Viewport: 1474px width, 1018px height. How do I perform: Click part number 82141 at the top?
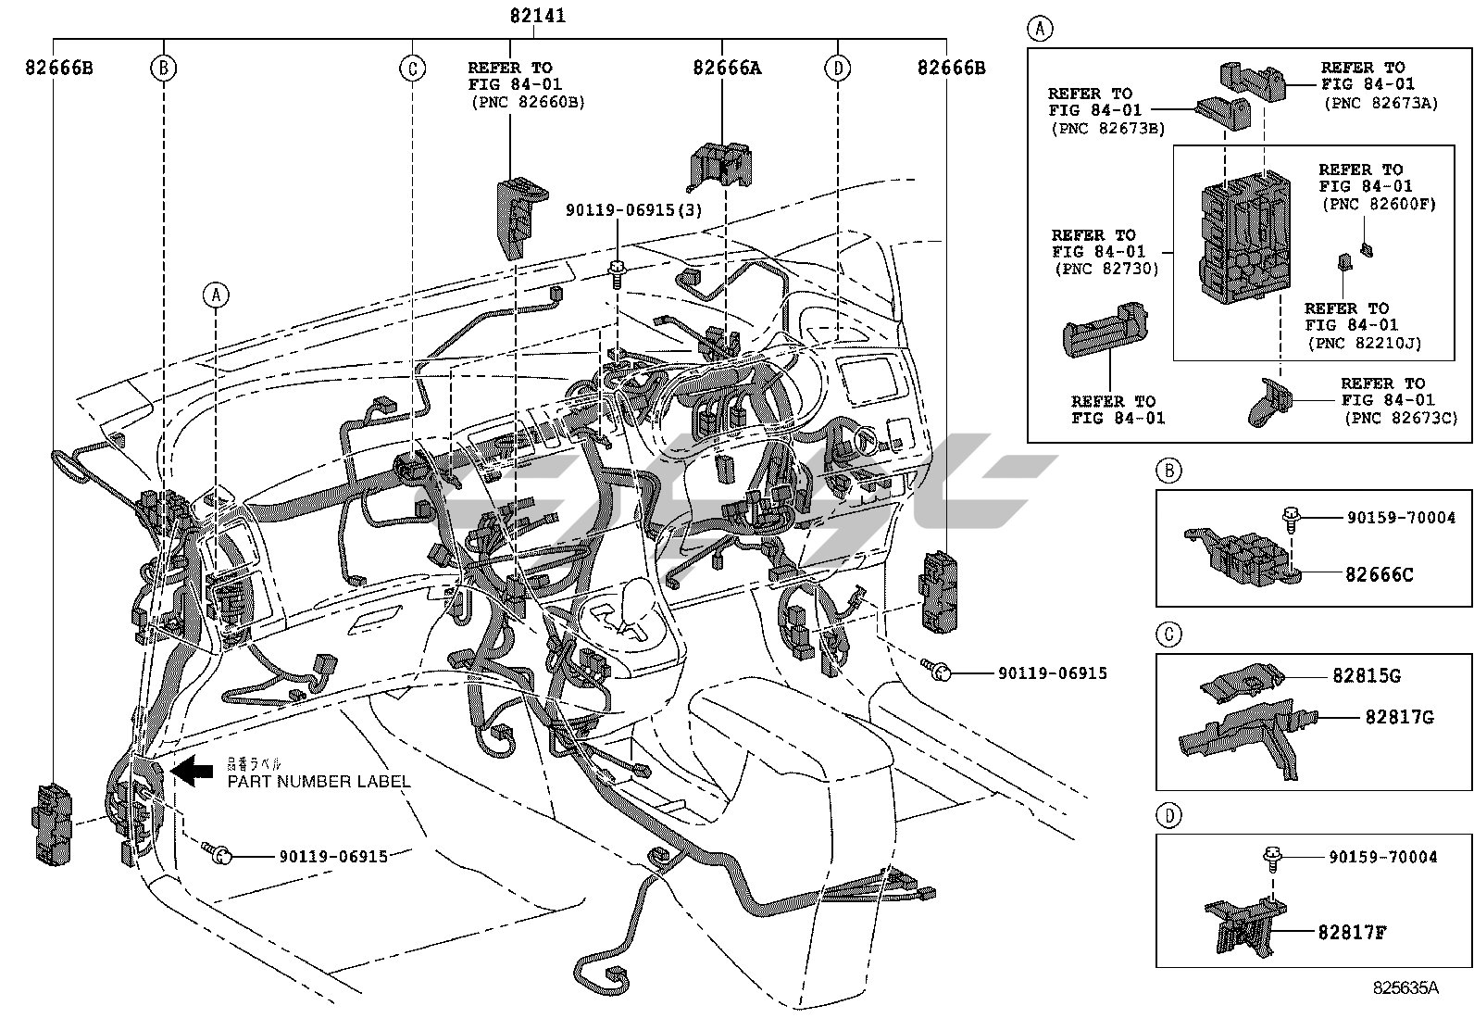tap(537, 16)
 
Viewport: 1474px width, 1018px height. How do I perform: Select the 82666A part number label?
tap(727, 67)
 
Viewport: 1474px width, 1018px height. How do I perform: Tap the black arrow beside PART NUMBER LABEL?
tap(193, 771)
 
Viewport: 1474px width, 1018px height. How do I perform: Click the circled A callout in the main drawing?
tap(216, 295)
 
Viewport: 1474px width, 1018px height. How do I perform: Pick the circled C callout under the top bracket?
tap(412, 68)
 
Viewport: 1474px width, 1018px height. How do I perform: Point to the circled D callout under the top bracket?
tap(837, 68)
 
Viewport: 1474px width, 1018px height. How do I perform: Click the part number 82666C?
tap(1379, 574)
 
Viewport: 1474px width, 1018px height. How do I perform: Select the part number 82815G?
tap(1367, 675)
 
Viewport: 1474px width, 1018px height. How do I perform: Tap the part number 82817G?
tap(1399, 717)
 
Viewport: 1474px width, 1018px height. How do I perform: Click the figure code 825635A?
tap(1405, 987)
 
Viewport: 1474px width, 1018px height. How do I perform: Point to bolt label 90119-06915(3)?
tap(634, 210)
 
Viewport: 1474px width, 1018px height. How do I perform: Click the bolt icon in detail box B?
tap(1291, 517)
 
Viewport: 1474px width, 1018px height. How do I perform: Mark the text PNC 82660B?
tap(527, 102)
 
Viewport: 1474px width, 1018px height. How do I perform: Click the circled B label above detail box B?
tap(1169, 471)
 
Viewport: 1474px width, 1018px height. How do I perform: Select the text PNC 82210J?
tap(1365, 343)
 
